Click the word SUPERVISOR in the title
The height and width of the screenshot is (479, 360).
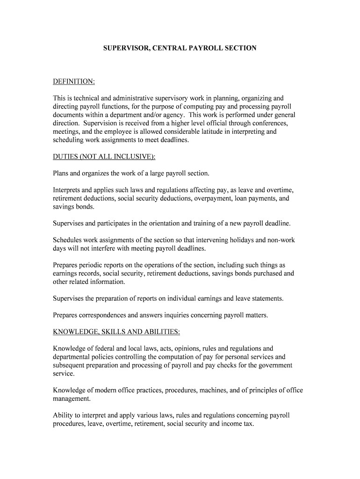click(123, 48)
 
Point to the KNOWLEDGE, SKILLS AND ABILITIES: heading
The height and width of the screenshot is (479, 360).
click(116, 332)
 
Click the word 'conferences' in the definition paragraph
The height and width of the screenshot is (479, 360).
click(268, 123)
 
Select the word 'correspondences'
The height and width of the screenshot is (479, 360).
click(105, 315)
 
